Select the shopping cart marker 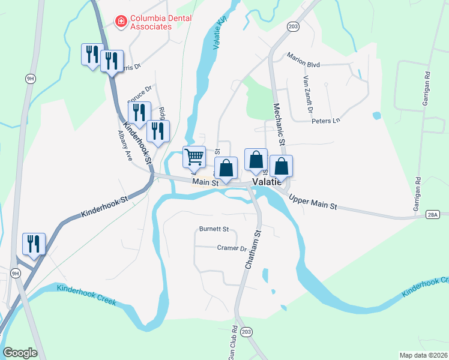194,157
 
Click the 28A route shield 434,214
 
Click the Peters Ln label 325,121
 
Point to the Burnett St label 214,229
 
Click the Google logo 20,353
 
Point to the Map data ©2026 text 423,355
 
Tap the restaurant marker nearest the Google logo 33,244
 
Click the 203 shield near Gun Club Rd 246,331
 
